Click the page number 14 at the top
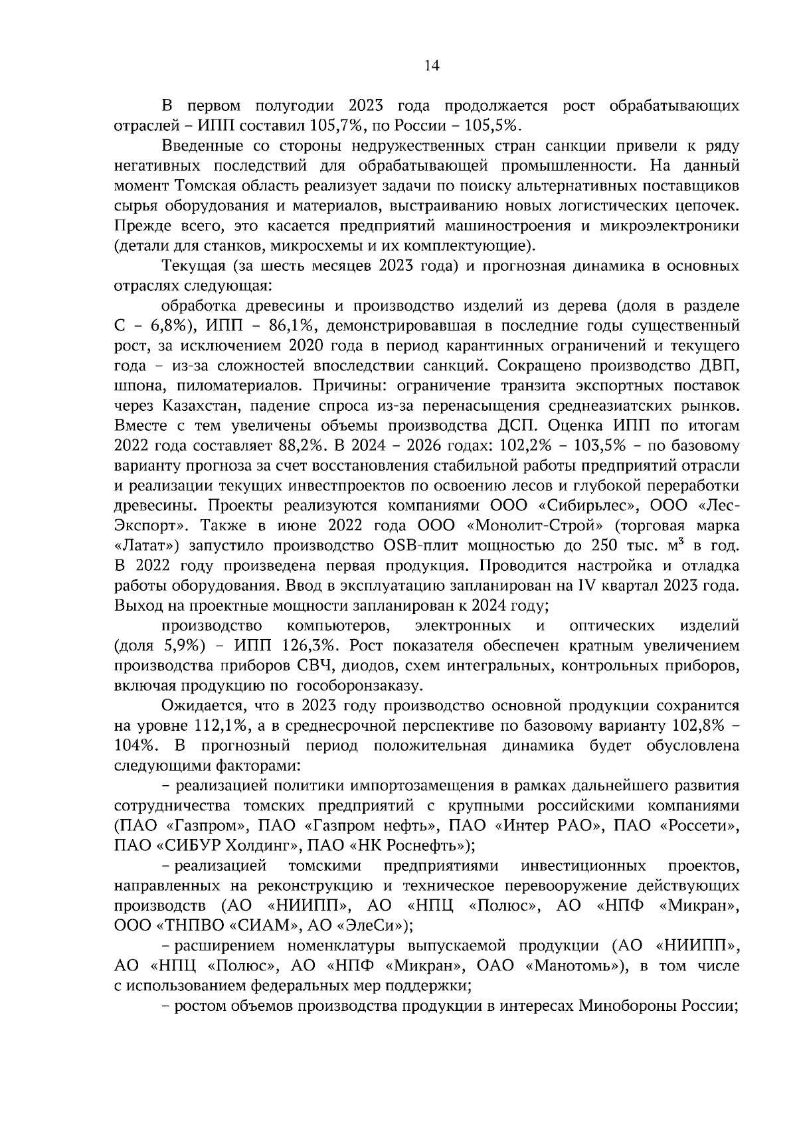pos(431,64)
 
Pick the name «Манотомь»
pos(582,965)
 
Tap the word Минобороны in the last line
pos(623,1005)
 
